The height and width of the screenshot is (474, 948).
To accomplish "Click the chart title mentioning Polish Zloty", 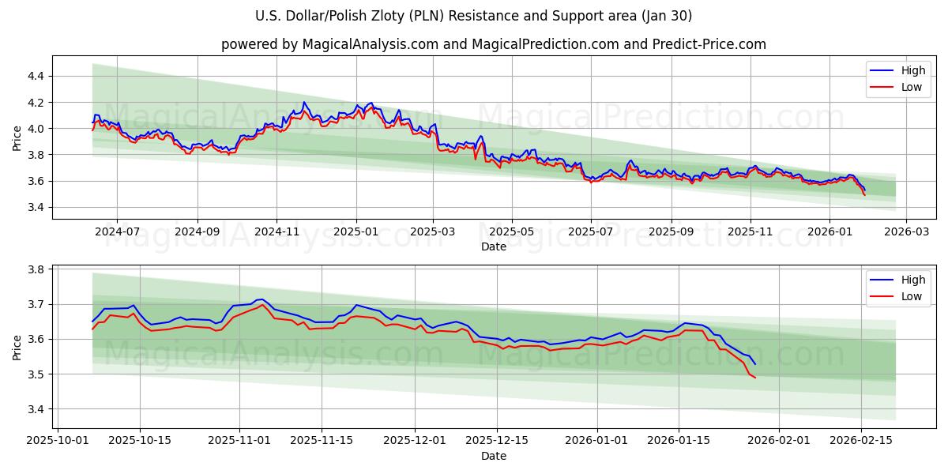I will click(x=474, y=16).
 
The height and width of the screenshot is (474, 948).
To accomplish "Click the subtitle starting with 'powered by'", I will click(x=493, y=44).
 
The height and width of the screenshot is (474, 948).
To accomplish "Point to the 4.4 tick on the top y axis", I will click(x=35, y=76).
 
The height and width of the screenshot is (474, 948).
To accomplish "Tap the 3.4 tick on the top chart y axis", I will click(x=35, y=207).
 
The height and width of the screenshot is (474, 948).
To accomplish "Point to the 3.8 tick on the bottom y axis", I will click(x=35, y=269).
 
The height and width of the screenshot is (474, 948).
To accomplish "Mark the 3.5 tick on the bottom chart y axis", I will click(x=35, y=374).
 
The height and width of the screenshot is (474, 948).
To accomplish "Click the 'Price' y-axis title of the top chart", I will click(x=17, y=137).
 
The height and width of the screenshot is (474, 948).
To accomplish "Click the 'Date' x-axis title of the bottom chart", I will click(x=493, y=457).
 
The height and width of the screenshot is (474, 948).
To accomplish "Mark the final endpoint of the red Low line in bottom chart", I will click(x=755, y=378).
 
